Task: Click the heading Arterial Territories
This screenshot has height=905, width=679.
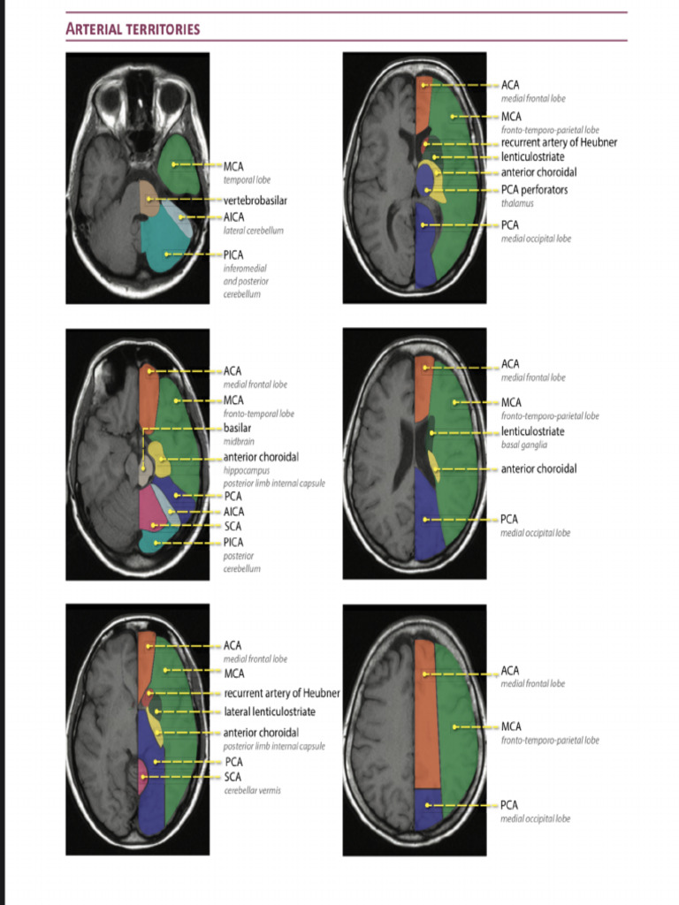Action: pos(133,29)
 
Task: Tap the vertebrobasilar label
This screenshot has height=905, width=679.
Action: pos(255,201)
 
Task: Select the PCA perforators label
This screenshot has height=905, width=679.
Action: pos(534,190)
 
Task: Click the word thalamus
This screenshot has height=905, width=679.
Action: pos(517,203)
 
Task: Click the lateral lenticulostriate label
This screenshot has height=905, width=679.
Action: pos(269,711)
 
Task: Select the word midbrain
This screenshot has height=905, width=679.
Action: pos(239,441)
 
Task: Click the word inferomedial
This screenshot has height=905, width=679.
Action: pos(245,268)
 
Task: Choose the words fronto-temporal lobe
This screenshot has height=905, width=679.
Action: pos(258,414)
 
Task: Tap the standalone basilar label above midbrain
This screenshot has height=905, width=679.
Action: pos(237,428)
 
